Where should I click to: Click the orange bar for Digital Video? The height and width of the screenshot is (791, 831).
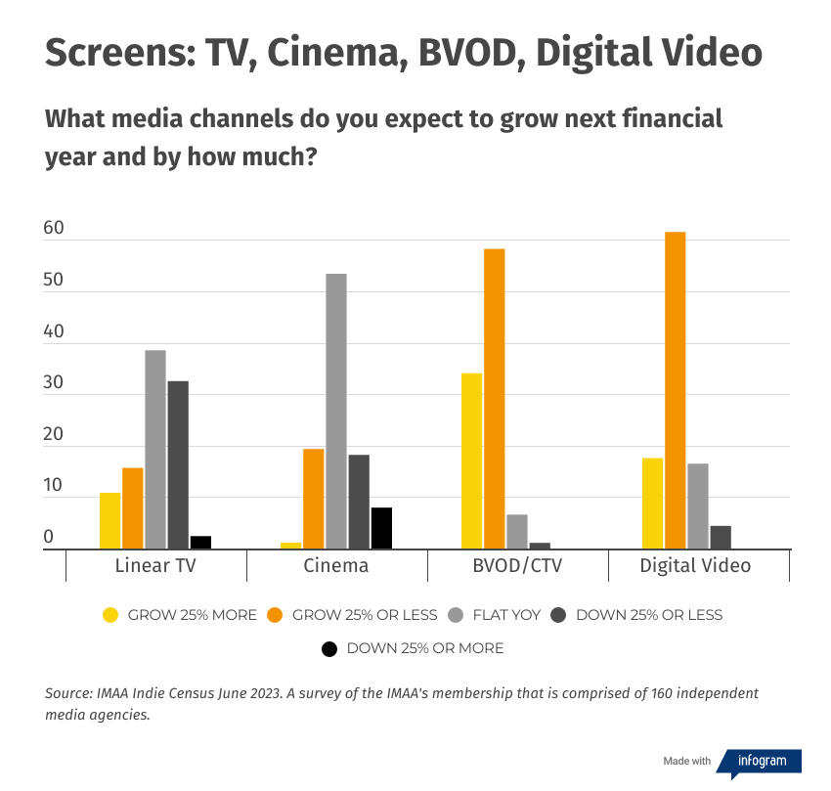(675, 391)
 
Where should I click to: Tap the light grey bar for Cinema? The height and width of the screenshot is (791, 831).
(336, 412)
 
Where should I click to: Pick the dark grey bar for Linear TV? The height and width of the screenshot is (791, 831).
(178, 465)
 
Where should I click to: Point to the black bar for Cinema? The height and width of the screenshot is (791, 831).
(381, 529)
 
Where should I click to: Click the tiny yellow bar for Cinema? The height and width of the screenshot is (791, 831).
(290, 546)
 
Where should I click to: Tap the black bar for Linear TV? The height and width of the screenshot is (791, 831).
(200, 543)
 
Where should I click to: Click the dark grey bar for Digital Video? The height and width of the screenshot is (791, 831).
(721, 538)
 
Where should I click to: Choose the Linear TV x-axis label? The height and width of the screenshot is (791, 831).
(155, 566)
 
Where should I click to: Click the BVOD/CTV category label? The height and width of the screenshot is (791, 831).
(517, 566)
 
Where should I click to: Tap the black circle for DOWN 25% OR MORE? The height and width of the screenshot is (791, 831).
(329, 648)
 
